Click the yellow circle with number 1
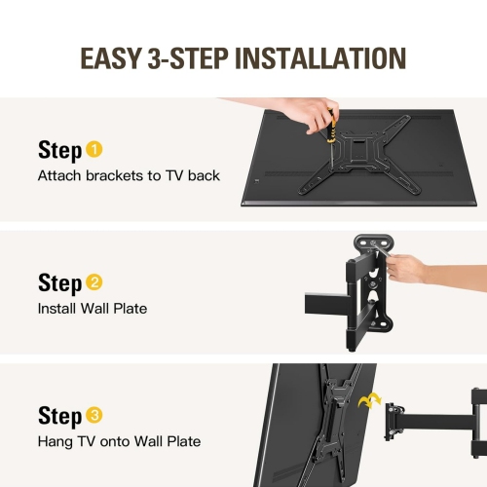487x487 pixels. (94, 150)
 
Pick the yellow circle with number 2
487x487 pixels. (94, 283)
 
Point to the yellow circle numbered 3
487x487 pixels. (94, 416)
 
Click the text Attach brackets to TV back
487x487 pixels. (129, 176)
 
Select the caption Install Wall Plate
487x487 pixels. (92, 309)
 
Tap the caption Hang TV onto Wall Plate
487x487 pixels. (119, 441)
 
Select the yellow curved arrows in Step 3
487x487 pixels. (369, 402)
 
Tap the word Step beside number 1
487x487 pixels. (59, 151)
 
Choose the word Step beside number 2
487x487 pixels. (59, 283)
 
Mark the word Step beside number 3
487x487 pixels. (59, 417)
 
